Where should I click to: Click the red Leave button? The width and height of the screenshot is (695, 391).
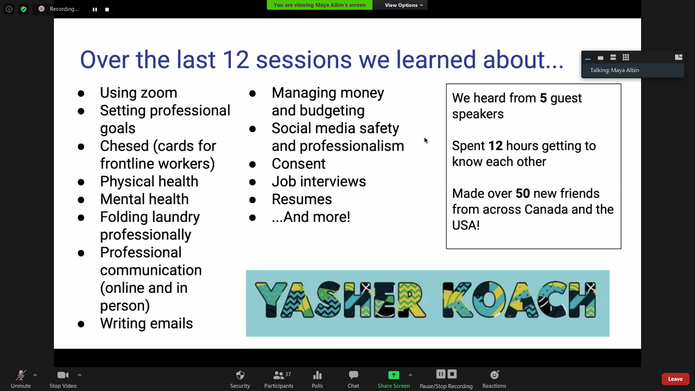pyautogui.click(x=675, y=379)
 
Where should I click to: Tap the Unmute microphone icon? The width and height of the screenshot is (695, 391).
pyautogui.click(x=21, y=375)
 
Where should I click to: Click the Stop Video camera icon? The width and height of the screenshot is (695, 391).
pyautogui.click(x=63, y=375)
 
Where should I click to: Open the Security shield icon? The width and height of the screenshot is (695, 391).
pyautogui.click(x=240, y=375)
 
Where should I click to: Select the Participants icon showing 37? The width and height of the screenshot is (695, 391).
pyautogui.click(x=282, y=375)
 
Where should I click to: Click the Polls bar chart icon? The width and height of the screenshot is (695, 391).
pyautogui.click(x=317, y=375)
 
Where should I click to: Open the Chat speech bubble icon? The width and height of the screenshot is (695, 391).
pyautogui.click(x=354, y=375)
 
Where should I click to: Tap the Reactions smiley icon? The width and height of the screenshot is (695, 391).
pyautogui.click(x=494, y=375)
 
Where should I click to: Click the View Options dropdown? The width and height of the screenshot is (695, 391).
pyautogui.click(x=404, y=5)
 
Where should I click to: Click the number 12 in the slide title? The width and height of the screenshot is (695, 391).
pyautogui.click(x=236, y=60)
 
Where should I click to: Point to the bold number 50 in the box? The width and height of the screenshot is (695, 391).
pyautogui.click(x=523, y=194)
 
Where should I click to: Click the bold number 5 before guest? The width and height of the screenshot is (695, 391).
pyautogui.click(x=543, y=98)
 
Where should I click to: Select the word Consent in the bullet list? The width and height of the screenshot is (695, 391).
pyautogui.click(x=299, y=164)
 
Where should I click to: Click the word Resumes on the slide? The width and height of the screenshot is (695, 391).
pyautogui.click(x=302, y=199)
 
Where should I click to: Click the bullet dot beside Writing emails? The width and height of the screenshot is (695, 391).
pyautogui.click(x=81, y=324)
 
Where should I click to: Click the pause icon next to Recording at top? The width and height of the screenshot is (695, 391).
pyautogui.click(x=95, y=9)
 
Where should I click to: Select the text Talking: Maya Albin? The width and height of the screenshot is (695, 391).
pyautogui.click(x=615, y=70)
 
